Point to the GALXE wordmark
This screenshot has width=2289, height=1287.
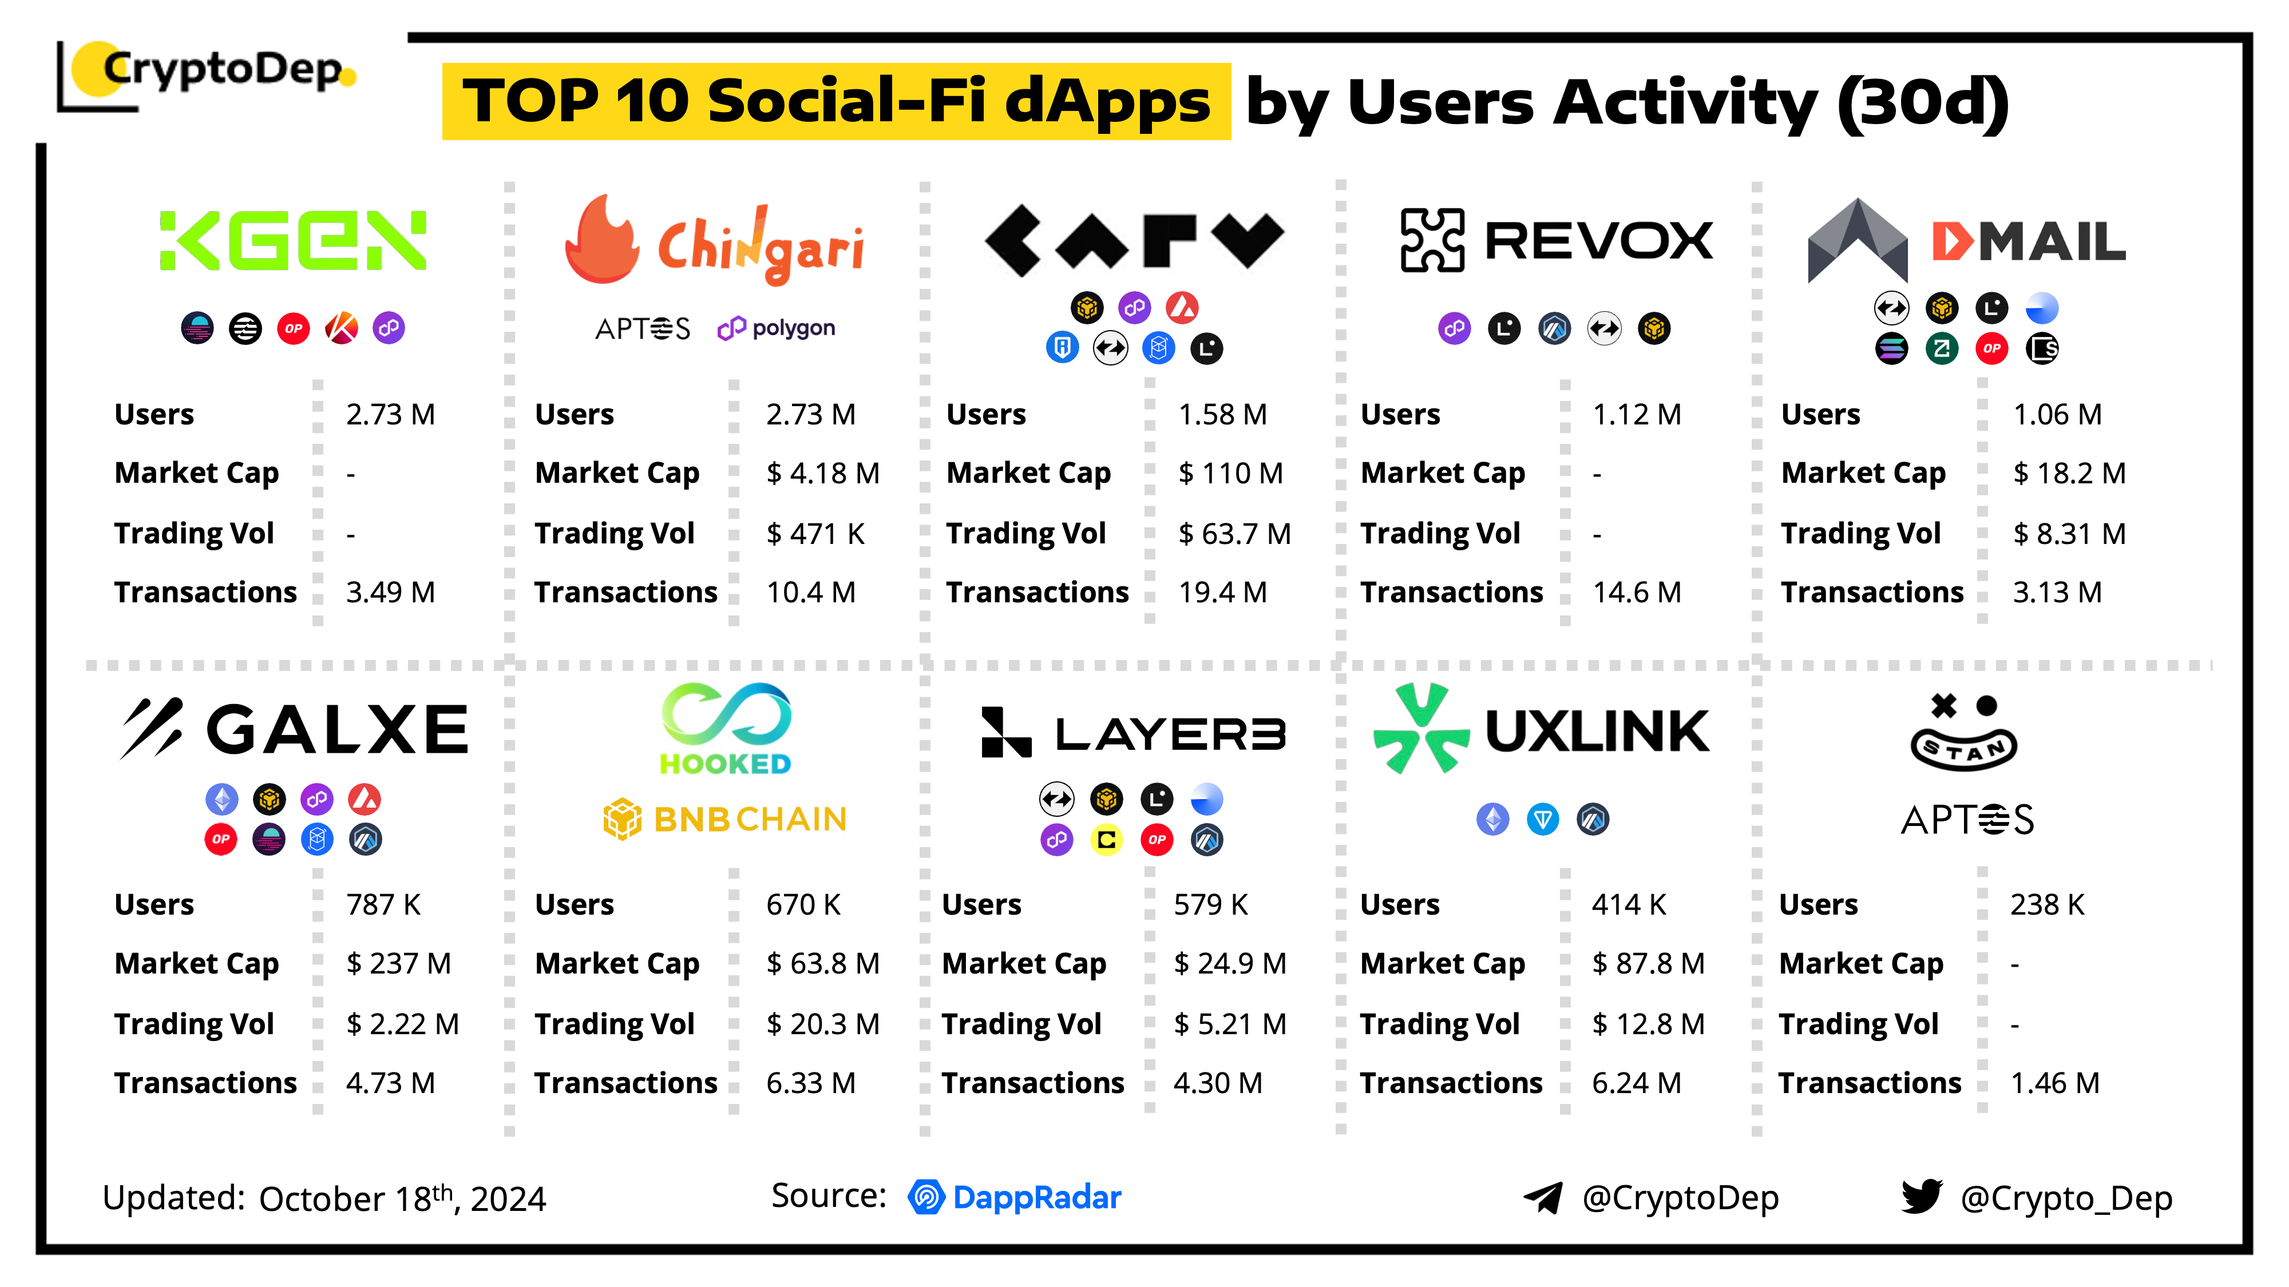[x=337, y=730]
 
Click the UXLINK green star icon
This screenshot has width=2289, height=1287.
[x=1420, y=728]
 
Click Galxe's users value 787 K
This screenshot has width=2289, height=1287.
[x=383, y=904]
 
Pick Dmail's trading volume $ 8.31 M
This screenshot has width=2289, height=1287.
[x=2069, y=534]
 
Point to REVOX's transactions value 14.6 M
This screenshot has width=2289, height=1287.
[x=1636, y=593]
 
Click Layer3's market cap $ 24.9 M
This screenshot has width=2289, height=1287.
[x=1229, y=964]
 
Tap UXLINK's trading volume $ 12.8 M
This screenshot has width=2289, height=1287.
[x=1648, y=1024]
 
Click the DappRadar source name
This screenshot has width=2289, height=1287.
[x=1036, y=1197]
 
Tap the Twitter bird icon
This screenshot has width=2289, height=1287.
[x=1921, y=1197]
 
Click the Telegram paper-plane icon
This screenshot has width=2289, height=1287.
[x=1543, y=1197]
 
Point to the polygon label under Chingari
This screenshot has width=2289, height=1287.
[x=776, y=329]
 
